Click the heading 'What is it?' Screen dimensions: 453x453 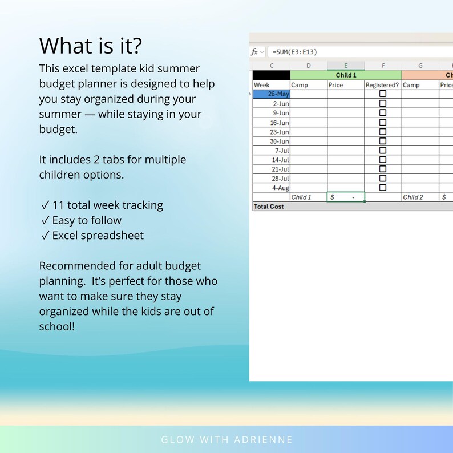tap(91, 45)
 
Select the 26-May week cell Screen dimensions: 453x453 tap(272, 94)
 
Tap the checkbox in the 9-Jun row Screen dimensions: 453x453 tap(383, 113)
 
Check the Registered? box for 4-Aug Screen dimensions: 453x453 tap(383, 188)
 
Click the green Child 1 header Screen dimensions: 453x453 tap(346, 75)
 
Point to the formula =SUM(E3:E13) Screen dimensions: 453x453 tap(295, 52)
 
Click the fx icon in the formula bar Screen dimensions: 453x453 tap(255, 52)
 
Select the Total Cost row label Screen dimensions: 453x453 tap(269, 207)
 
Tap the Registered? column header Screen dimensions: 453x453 tap(383, 85)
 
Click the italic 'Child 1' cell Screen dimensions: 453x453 tap(301, 197)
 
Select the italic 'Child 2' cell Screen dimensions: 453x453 tap(413, 197)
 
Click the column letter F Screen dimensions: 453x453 tap(383, 66)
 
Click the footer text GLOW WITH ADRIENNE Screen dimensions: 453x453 tap(226, 440)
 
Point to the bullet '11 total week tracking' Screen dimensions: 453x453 tap(102, 205)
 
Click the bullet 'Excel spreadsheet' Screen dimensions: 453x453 tap(92, 236)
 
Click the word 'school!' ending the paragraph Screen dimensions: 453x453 tap(57, 327)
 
